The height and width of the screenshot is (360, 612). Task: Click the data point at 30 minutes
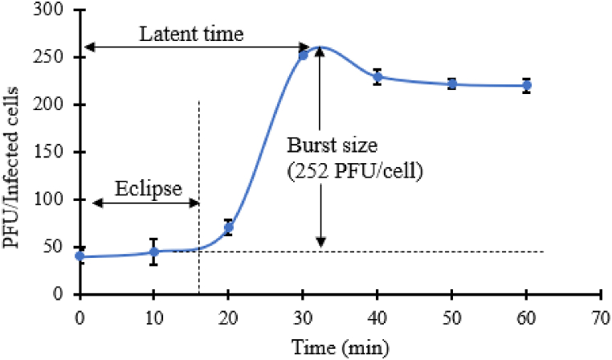click(x=303, y=55)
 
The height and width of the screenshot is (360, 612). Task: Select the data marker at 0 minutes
click(x=80, y=256)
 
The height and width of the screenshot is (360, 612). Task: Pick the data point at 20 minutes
click(x=228, y=227)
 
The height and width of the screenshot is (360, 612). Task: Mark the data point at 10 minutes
click(x=154, y=252)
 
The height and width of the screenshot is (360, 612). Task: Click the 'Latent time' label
click(x=191, y=35)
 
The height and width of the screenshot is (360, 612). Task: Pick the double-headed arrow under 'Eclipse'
click(x=145, y=202)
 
